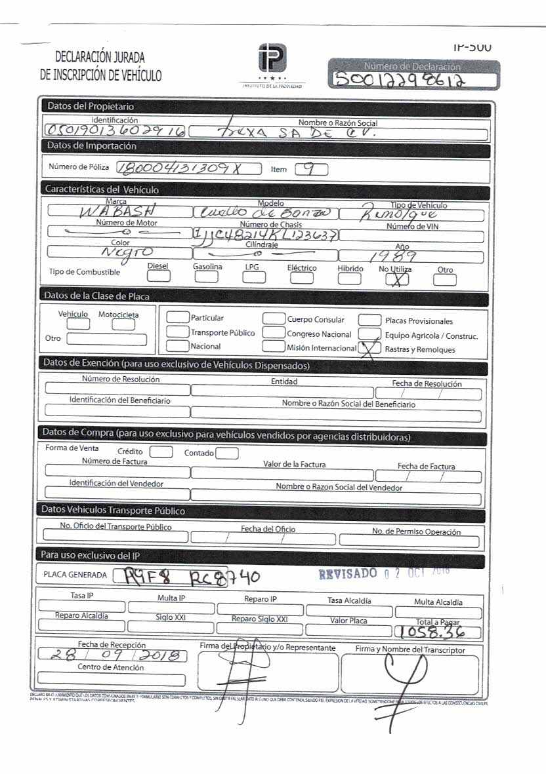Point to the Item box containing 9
point(311,169)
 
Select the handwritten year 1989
point(411,255)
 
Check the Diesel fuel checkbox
point(158,277)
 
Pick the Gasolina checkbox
point(206,277)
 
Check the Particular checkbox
point(177,318)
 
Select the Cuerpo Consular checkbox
point(274,319)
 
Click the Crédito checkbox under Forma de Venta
point(161,452)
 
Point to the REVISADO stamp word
point(348,574)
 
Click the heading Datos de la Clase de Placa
point(96,296)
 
